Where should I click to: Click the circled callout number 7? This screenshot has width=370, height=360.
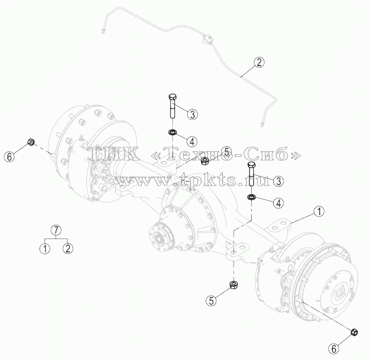tap(56, 230)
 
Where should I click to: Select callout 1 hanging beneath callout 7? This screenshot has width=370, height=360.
tap(45, 249)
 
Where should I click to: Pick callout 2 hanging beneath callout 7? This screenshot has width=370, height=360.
tap(68, 249)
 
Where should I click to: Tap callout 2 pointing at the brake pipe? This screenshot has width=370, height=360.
tap(259, 62)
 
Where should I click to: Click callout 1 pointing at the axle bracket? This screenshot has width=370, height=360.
tap(319, 211)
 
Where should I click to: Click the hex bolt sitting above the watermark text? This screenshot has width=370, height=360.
tap(172, 106)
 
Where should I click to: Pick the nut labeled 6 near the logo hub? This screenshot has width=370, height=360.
tap(354, 332)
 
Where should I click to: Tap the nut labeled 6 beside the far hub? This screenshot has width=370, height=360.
tap(31, 142)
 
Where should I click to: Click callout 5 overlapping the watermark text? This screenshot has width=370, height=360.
tap(226, 152)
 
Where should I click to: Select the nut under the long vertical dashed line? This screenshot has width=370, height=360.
tap(234, 285)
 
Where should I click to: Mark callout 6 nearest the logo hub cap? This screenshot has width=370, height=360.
tap(334, 348)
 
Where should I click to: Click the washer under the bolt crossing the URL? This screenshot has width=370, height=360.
tap(251, 197)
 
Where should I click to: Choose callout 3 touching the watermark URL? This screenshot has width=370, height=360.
tap(278, 181)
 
